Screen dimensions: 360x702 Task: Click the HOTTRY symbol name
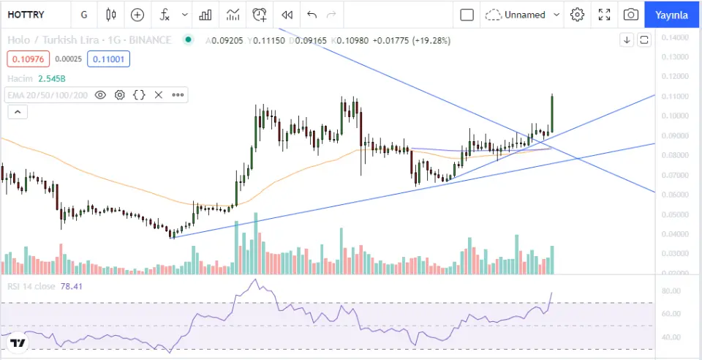coord(26,15)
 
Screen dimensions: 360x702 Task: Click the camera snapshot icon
coord(630,15)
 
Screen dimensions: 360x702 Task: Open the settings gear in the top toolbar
coord(578,15)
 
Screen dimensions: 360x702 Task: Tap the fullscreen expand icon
coord(605,15)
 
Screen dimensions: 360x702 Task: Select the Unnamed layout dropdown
coord(523,15)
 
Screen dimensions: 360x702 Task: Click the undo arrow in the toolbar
coord(312,15)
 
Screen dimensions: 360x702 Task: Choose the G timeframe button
coord(85,15)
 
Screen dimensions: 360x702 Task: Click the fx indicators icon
coord(165,15)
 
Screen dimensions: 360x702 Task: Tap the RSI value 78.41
coord(72,286)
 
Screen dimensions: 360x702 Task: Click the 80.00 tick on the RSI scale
coord(671,291)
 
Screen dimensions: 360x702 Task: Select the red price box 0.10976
coord(25,59)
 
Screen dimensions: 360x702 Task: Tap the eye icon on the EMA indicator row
coord(100,95)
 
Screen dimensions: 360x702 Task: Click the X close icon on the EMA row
coord(158,95)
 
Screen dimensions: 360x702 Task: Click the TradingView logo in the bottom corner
coord(18,342)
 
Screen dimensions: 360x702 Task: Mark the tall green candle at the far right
coord(551,114)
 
